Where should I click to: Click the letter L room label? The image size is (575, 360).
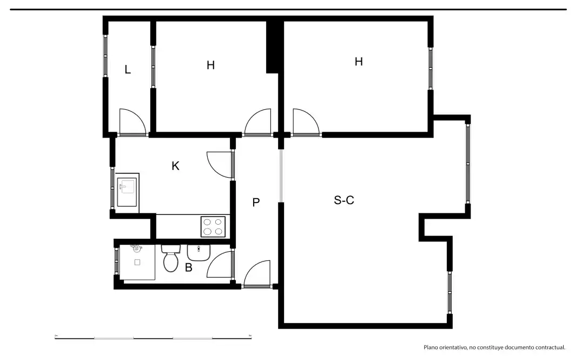point(128,69)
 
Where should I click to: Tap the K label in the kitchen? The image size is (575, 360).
point(175,166)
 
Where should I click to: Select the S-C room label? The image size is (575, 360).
point(344,200)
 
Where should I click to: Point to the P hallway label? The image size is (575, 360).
point(256,202)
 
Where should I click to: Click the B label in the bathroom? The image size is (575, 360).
point(188,267)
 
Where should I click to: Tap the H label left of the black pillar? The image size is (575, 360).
point(210,65)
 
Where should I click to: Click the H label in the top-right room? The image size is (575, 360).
point(359,61)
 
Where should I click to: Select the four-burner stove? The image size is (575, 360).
point(213,226)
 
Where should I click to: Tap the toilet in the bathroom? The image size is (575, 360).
point(170,258)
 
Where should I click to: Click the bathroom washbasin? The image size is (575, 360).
point(199,252)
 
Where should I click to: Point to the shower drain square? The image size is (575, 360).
point(137,263)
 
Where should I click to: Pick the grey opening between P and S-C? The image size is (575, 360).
point(281,175)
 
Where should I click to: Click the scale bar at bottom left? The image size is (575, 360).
point(153,338)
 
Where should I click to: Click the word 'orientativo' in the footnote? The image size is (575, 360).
point(452,347)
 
